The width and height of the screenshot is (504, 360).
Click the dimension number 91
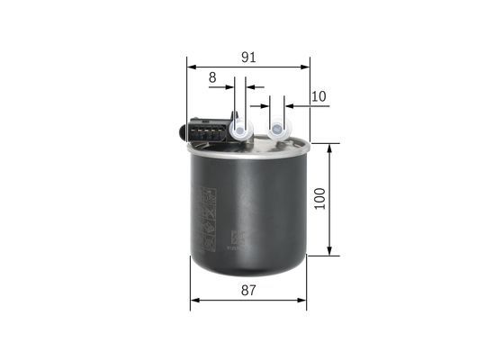249,57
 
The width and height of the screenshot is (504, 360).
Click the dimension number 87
249,290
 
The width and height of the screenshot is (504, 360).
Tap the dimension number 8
212,78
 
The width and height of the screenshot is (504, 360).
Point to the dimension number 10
319,96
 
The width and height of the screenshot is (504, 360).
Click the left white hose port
240,131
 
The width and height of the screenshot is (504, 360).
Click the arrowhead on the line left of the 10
290,106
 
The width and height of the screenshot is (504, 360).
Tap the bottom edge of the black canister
248,273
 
